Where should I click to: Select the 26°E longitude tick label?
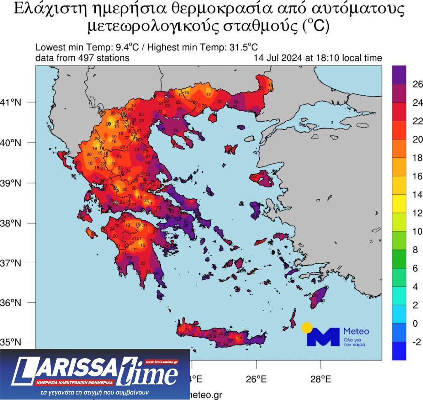click(x=256, y=379)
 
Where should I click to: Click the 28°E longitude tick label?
click(x=321, y=379)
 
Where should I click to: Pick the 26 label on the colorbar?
click(x=418, y=84)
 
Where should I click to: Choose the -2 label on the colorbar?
click(x=417, y=342)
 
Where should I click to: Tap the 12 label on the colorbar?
click(x=418, y=213)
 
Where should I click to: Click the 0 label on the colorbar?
click(x=416, y=324)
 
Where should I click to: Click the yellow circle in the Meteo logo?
click(x=307, y=328)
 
